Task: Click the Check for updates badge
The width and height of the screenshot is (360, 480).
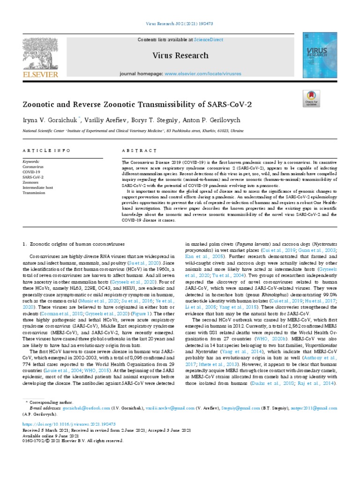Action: coord(324,99)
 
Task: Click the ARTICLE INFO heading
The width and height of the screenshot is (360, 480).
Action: coord(46,150)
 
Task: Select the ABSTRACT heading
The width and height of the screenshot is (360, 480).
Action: coord(139,150)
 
